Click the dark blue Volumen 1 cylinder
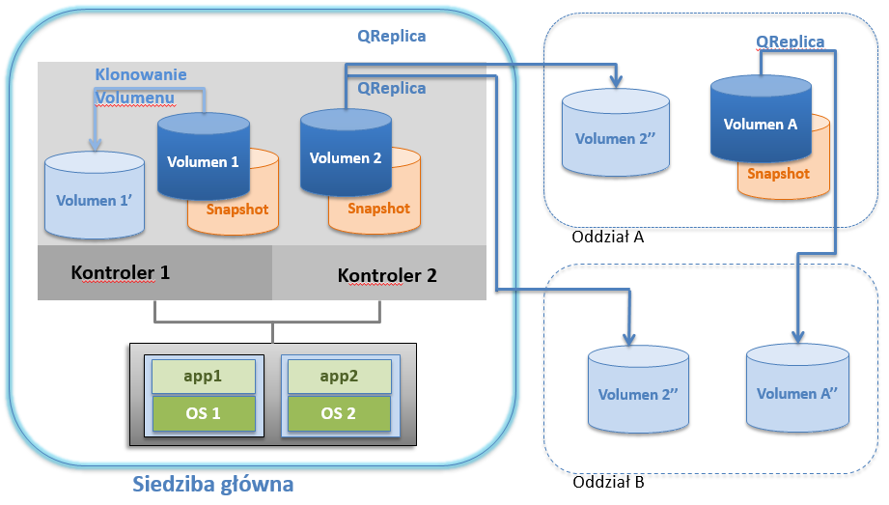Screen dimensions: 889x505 [x=204, y=156]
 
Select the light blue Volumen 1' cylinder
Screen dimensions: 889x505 [x=95, y=195]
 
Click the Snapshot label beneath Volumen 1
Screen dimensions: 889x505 [x=237, y=210]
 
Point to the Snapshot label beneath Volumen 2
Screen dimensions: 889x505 [x=378, y=209]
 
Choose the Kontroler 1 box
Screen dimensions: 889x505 [x=154, y=272]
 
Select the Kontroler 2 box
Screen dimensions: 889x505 [x=379, y=272]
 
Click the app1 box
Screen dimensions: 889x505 [x=203, y=377]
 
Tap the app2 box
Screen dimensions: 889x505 [x=339, y=377]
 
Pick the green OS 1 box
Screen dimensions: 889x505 [x=203, y=413]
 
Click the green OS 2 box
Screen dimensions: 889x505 [x=339, y=413]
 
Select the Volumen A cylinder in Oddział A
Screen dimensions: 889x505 [x=761, y=119]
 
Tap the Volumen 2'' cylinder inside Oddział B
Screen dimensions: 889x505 [x=638, y=389]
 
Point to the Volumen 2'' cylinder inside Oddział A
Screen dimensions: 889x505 [x=616, y=132]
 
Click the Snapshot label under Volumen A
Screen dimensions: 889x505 [x=778, y=174]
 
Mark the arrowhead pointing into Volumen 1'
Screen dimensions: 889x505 [x=96, y=144]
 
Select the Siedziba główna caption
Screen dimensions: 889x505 [x=213, y=484]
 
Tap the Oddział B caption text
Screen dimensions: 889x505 [x=608, y=482]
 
